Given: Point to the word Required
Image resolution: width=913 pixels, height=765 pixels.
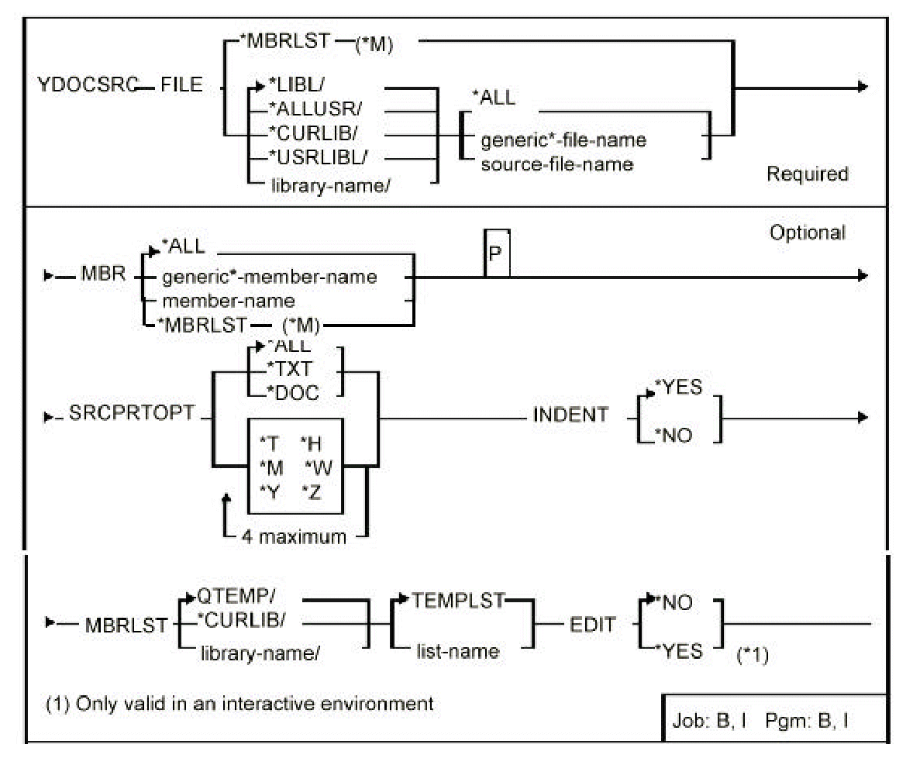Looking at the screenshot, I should click(x=807, y=174).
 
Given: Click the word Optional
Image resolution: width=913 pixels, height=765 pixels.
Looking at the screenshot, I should click(x=806, y=232).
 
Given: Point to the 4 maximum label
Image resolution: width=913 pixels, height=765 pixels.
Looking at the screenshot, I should click(x=300, y=536).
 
